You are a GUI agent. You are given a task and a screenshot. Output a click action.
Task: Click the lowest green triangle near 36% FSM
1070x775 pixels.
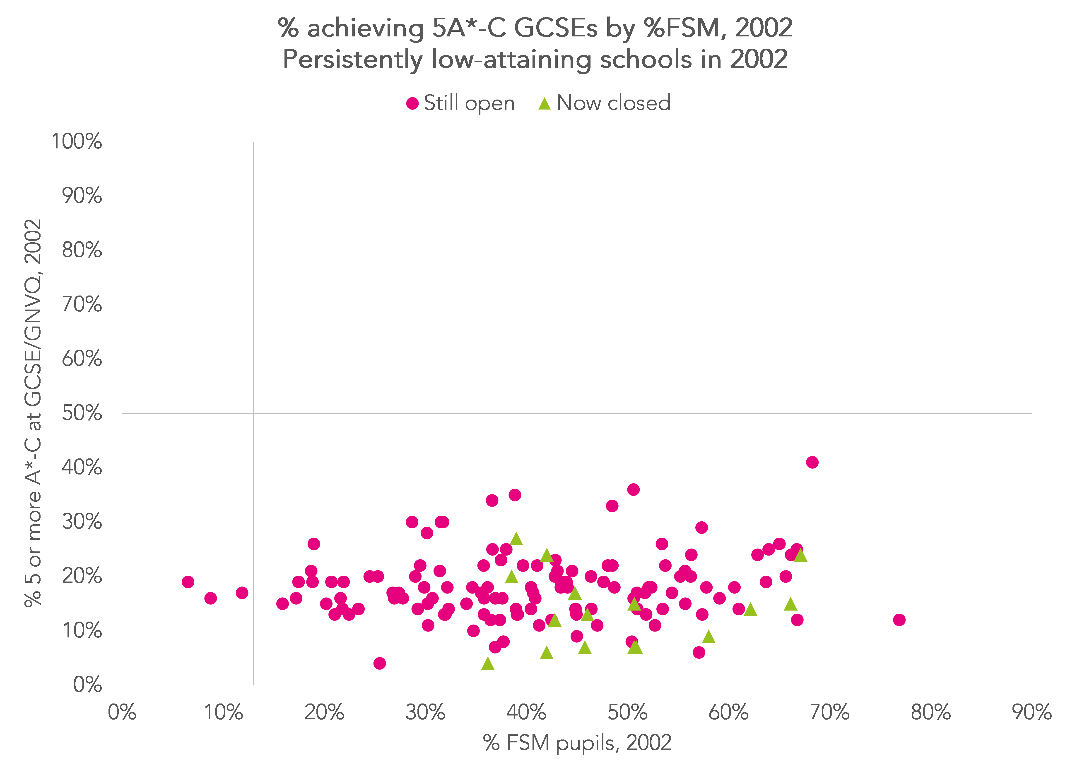tap(488, 664)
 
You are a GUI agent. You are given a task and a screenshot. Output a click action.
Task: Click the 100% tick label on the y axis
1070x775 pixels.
tap(76, 141)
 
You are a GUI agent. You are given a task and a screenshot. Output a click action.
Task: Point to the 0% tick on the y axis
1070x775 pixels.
tap(87, 684)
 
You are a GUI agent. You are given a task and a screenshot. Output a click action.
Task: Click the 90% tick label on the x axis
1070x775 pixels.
tap(1032, 712)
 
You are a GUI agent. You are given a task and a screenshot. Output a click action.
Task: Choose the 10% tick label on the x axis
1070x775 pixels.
tap(223, 712)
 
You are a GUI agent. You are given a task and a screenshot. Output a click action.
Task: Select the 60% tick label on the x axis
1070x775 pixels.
tap(728, 712)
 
